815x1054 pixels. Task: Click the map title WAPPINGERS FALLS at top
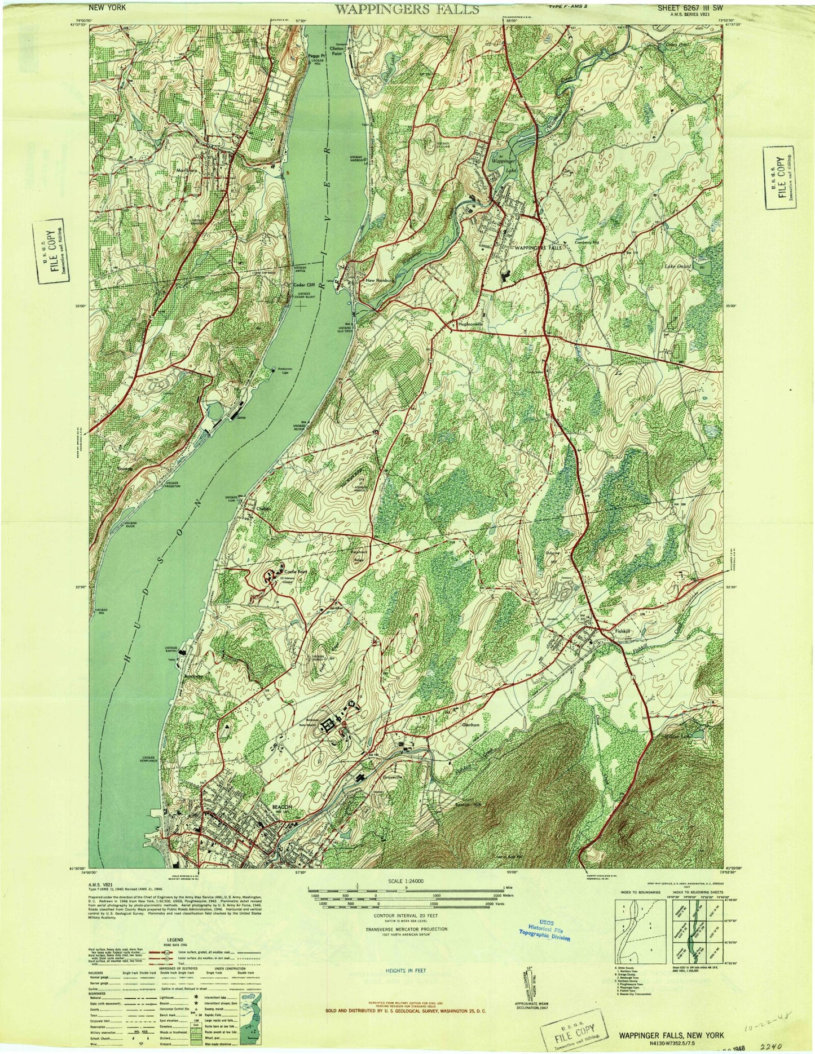coord(408,9)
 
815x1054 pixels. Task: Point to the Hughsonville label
coord(472,325)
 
